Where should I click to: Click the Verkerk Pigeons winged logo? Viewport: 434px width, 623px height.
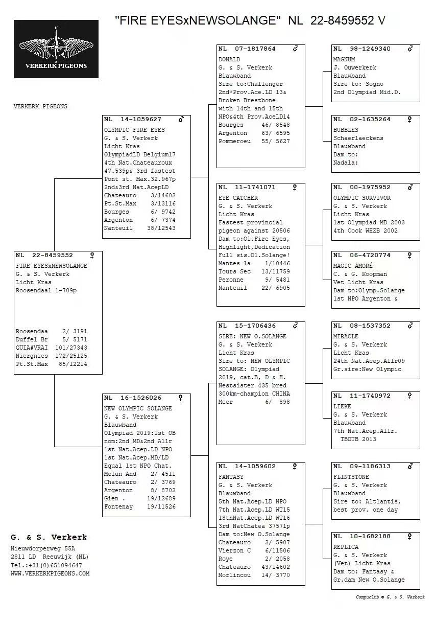point(56,49)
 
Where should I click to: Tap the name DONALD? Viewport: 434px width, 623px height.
point(229,59)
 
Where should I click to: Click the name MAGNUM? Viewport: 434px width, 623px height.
point(344,59)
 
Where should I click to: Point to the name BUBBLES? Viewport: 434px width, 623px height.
point(346,130)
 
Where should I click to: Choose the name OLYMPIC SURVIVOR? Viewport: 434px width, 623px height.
point(362,198)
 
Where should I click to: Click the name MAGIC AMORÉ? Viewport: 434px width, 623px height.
point(353,266)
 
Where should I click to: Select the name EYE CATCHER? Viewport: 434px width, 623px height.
point(238,198)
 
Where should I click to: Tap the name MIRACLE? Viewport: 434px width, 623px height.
point(346,336)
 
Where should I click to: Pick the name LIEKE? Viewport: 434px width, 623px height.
point(342,406)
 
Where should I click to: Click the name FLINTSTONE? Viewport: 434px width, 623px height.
point(351,477)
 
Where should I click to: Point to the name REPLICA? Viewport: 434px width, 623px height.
point(346,547)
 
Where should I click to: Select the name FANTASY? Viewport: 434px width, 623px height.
point(231,477)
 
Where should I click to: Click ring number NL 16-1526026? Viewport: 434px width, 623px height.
point(133,398)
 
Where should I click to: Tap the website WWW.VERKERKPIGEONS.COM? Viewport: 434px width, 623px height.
point(50,573)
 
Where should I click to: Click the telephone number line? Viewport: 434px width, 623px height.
point(46,565)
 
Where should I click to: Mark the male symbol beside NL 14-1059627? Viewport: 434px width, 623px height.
point(181,119)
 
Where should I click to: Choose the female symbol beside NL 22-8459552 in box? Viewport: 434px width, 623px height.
point(92,255)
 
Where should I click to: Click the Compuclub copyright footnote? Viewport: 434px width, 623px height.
point(390,597)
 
